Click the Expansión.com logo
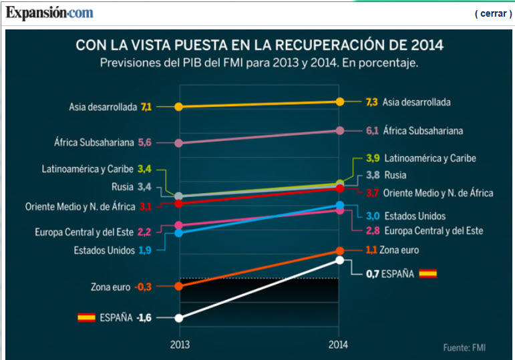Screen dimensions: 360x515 tap(50, 13)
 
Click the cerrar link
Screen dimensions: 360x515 tap(493, 13)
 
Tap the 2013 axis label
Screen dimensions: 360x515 tap(180, 345)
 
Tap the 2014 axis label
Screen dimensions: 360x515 tap(339, 345)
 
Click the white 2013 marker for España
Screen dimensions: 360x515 tap(179, 318)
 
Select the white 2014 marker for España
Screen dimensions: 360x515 tap(339, 260)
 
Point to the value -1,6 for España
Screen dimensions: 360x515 tap(144, 318)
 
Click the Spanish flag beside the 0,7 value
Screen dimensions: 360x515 tap(427, 273)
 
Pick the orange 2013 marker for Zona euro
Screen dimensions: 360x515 tap(179, 287)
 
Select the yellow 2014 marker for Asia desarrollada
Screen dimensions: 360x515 tap(339, 102)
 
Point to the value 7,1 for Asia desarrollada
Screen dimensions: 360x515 tap(146, 107)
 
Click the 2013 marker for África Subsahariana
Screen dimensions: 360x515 tap(178, 143)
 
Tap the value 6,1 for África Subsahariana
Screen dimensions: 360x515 tap(373, 131)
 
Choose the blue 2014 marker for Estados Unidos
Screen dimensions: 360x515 tap(339, 205)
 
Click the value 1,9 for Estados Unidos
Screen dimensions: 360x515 tap(145, 250)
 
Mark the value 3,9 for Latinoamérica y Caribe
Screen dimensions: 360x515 tap(373, 158)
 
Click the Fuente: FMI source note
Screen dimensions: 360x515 tap(465, 347)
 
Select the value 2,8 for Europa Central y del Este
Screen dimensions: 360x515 tap(373, 230)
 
